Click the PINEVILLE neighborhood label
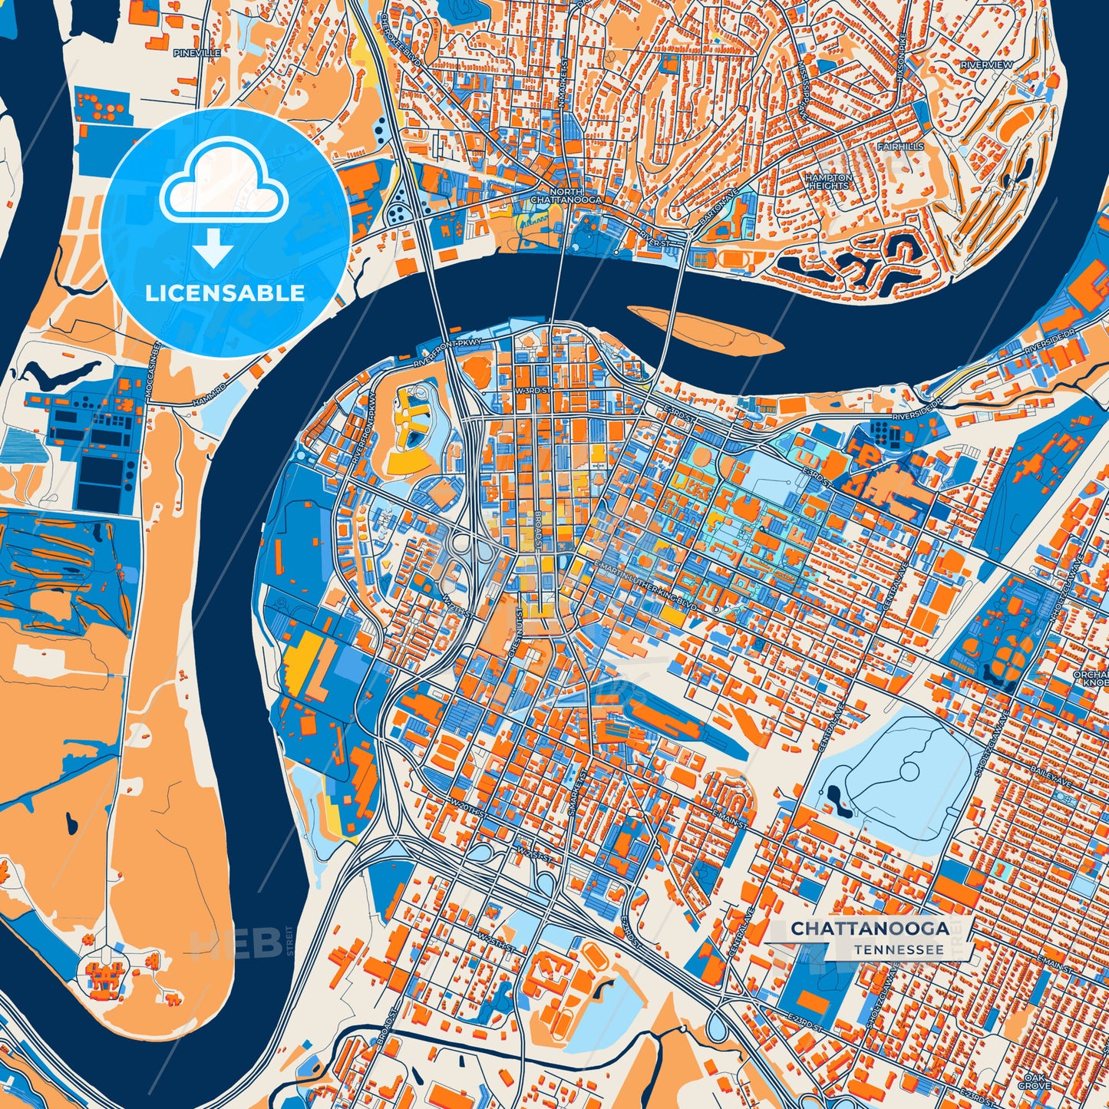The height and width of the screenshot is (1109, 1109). pos(197,53)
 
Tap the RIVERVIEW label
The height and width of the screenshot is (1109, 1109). pos(986,65)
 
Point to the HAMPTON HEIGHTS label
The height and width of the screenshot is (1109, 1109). pos(828,181)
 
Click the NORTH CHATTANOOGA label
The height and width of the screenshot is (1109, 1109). pos(566,196)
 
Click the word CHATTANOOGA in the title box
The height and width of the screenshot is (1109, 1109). pos(870,929)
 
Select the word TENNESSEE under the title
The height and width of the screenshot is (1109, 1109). pos(898,949)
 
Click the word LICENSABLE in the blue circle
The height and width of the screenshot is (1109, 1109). pos(225,293)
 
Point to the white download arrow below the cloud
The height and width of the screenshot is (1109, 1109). pos(214,250)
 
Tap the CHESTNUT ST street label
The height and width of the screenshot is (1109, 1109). pos(514,629)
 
